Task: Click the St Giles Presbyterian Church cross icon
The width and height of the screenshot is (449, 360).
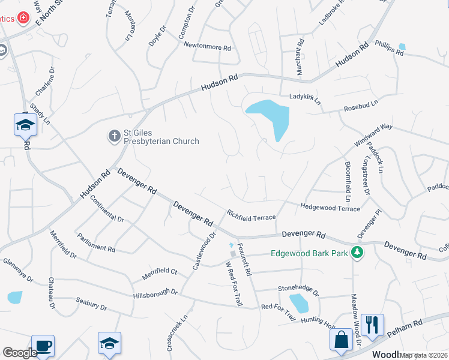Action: tap(114, 136)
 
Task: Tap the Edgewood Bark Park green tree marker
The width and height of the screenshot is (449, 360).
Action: tap(358, 253)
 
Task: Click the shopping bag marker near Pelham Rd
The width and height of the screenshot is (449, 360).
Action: tap(341, 340)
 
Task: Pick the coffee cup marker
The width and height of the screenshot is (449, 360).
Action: tap(43, 346)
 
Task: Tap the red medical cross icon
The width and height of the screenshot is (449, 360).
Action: tap(23, 19)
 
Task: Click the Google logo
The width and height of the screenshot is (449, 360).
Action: tap(20, 353)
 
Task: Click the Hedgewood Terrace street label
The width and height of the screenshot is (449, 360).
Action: tap(330, 207)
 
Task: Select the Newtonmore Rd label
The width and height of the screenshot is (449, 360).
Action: tap(207, 46)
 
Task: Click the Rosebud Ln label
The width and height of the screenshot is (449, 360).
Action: tap(361, 106)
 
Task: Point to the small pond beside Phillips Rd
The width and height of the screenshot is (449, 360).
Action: tap(402, 47)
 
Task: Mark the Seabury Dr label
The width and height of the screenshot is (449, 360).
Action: tap(91, 305)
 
